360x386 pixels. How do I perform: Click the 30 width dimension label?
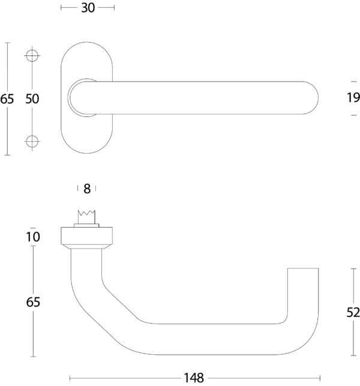[88, 8]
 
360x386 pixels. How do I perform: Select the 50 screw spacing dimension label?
[32, 98]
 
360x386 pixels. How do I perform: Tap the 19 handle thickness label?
[353, 97]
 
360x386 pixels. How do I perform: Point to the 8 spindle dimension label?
[87, 189]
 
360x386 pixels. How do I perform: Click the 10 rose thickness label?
[33, 237]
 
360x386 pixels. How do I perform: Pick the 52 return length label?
[353, 312]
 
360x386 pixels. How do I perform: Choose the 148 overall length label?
[194, 378]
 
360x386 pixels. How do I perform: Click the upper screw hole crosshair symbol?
[32, 56]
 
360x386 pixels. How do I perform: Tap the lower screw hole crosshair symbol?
[32, 141]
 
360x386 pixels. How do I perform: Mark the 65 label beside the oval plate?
[7, 99]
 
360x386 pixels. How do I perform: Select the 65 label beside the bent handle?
[33, 302]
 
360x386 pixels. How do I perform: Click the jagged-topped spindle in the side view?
[86, 217]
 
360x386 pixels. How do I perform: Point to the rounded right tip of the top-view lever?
[311, 98]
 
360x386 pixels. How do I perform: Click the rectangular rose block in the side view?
[86, 236]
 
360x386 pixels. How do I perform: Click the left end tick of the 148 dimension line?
[70, 378]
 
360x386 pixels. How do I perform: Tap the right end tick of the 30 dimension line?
[114, 8]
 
